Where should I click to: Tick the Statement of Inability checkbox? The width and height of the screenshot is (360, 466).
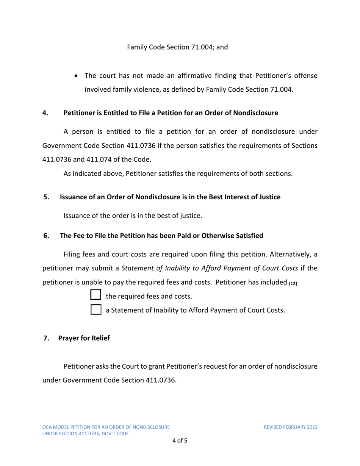tap(96, 310)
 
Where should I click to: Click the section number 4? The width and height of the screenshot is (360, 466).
tap(45, 113)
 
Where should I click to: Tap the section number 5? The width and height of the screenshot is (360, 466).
tap(47, 197)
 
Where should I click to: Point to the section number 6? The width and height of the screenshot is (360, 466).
tap(47, 236)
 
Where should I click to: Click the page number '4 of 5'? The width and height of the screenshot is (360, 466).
tap(180, 441)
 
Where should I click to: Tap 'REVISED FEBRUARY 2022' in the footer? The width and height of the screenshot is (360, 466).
tap(291, 427)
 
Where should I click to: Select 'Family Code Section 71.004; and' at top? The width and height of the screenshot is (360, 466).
tap(177, 48)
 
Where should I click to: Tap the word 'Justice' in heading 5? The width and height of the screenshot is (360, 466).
tap(269, 197)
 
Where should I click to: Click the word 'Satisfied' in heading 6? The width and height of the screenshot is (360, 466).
tap(249, 236)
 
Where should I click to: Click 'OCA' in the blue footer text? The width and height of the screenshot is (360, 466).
tap(47, 427)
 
